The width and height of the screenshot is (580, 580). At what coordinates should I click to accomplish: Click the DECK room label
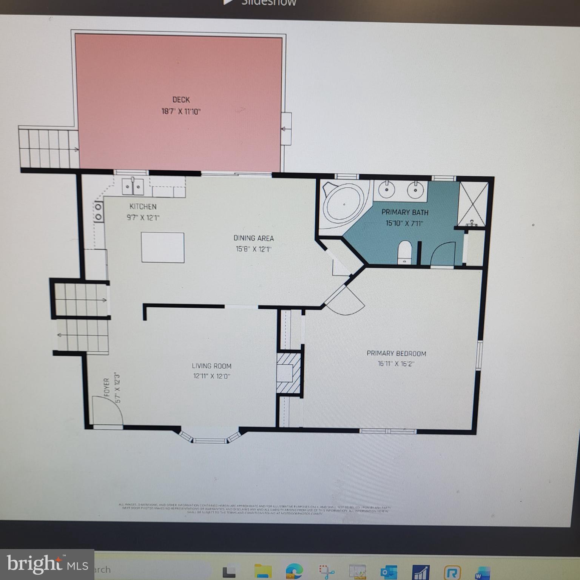[x=181, y=100]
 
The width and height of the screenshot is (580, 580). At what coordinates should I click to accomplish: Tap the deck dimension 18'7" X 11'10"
[x=181, y=112]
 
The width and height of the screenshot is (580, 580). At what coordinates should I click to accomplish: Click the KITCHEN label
[x=143, y=207]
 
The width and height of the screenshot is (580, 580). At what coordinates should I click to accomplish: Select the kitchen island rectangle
[x=163, y=247]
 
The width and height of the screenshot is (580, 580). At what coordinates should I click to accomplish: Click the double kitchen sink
[x=133, y=187]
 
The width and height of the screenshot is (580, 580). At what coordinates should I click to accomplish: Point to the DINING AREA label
[x=253, y=238]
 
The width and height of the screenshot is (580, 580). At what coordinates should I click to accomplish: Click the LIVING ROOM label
[x=211, y=366]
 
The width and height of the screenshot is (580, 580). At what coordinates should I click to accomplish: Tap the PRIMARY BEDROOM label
[x=396, y=353]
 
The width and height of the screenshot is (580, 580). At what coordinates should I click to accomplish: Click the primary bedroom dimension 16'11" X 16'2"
[x=396, y=364]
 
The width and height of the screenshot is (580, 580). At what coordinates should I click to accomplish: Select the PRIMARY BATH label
[x=405, y=212]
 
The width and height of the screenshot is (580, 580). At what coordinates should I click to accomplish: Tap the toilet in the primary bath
[x=404, y=252]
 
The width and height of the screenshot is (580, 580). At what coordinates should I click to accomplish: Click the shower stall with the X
[x=472, y=204]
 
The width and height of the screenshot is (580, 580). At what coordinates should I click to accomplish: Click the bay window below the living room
[x=210, y=437]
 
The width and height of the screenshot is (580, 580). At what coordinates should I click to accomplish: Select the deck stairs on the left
[x=49, y=148]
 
